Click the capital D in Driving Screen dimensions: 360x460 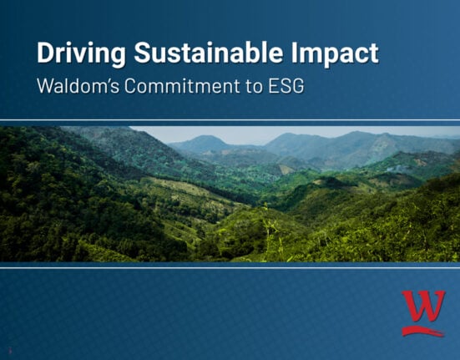(46, 53)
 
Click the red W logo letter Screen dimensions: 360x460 (422, 306)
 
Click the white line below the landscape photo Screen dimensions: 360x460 (230, 266)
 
